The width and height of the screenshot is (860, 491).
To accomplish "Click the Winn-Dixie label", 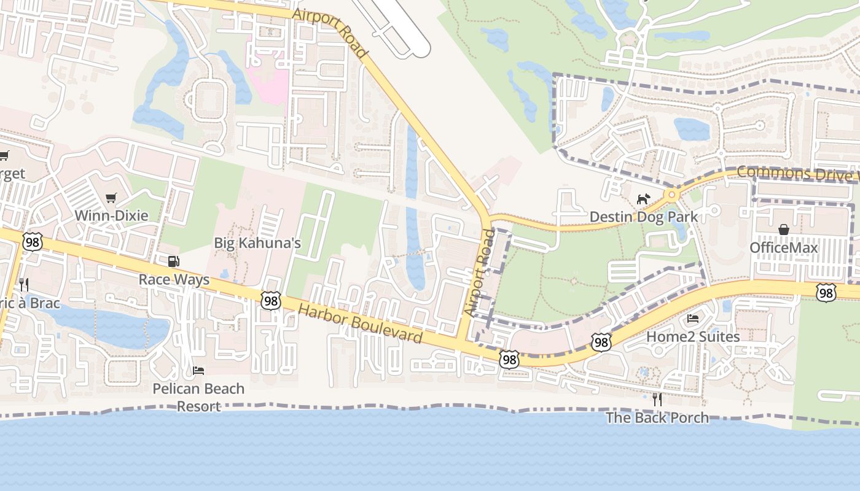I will point(111,215).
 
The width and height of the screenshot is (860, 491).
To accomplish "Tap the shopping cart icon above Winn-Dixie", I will point(111,198).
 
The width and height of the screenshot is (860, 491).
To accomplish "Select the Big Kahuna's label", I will point(257,243).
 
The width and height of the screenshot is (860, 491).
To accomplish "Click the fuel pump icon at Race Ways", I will point(174,261).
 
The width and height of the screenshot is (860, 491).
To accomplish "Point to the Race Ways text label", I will point(174,280).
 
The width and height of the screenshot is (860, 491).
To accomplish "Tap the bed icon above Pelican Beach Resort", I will point(198,370).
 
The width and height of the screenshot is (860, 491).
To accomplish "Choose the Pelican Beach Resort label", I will point(198,397).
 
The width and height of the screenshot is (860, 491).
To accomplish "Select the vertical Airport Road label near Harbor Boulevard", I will point(480,273).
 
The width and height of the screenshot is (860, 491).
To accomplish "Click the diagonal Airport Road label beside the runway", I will point(330,33).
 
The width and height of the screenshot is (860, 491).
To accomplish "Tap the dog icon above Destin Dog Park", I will point(643,199).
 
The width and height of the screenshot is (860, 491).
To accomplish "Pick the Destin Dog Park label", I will point(644,217).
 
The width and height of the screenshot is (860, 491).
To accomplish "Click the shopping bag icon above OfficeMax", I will point(784,230).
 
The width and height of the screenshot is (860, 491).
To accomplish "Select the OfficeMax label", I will point(784,247).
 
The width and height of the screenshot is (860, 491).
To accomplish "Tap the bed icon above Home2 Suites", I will point(693,318).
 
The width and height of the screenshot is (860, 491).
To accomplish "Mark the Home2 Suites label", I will point(693,336).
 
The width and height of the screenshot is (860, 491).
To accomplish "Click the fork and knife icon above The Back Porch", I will point(657,400).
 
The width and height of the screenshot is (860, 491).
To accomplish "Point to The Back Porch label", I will point(657,418).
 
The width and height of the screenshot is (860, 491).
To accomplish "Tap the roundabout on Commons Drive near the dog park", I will point(671,195).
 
